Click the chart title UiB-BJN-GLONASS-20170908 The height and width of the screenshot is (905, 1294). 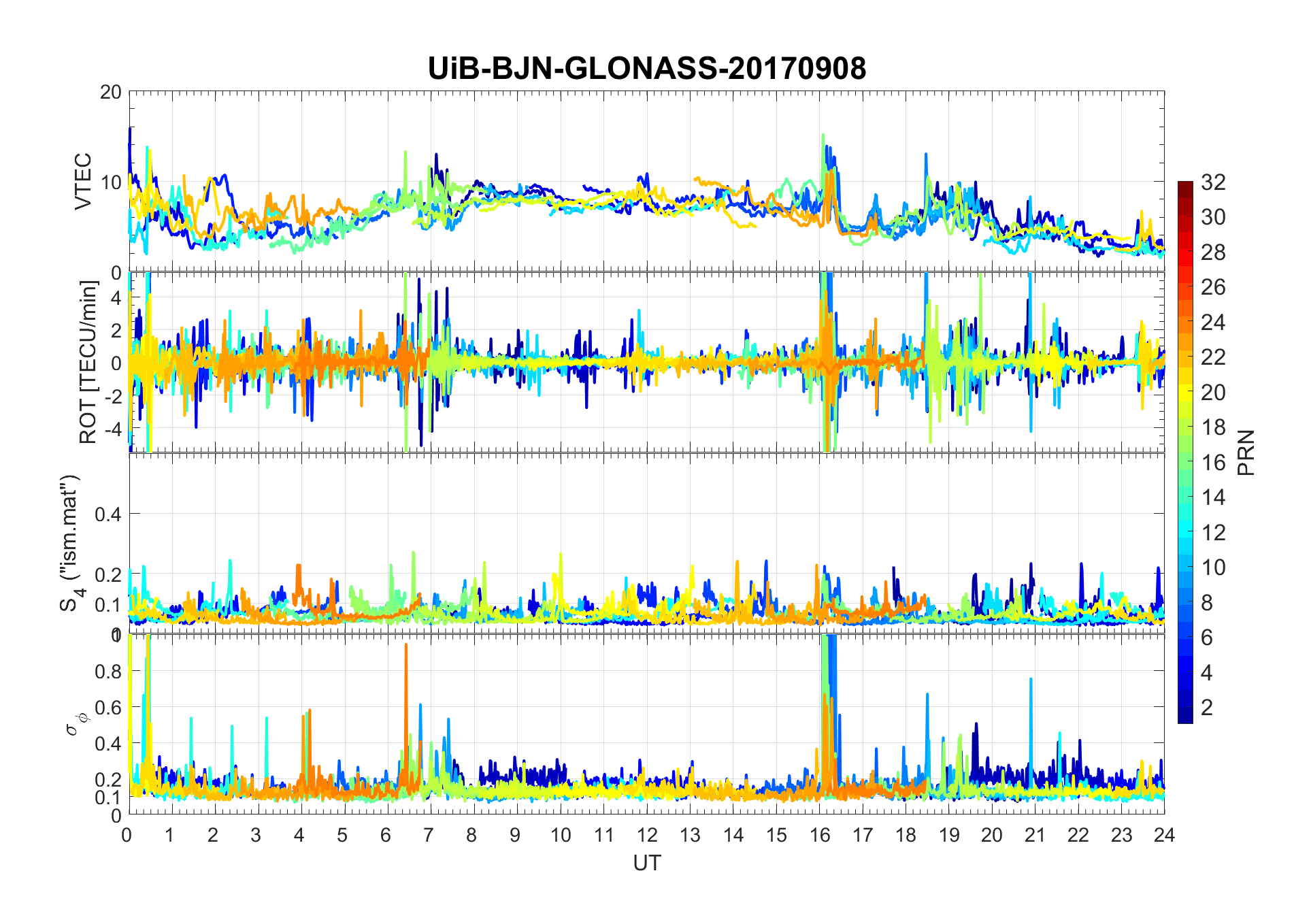(646, 69)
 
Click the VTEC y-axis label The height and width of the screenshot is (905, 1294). (83, 181)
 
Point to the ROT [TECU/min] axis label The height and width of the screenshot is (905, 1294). (88, 362)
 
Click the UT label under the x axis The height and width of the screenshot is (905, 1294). (646, 863)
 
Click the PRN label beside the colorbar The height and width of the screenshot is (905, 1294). (1246, 452)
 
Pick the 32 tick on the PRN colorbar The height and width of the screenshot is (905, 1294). (1213, 182)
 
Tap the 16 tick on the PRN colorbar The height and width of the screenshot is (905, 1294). (1213, 463)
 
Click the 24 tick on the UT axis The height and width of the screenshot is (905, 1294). (1164, 834)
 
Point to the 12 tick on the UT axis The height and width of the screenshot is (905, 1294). (646, 834)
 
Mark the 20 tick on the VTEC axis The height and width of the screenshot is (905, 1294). (110, 92)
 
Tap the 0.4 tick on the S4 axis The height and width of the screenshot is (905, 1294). (108, 514)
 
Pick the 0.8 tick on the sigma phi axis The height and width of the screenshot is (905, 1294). (108, 671)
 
